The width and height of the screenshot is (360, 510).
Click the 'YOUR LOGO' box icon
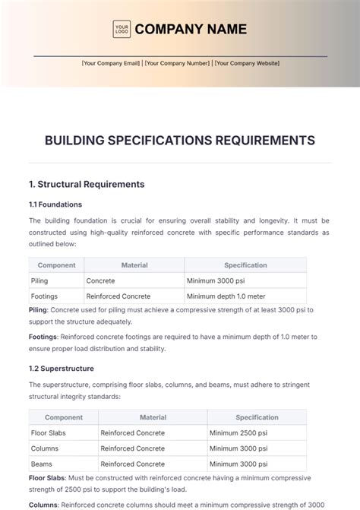click(x=122, y=29)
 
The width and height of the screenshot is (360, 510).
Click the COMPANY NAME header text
click(x=191, y=29)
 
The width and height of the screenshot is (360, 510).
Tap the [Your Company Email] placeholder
click(x=111, y=63)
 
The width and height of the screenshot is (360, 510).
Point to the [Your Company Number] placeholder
click(x=178, y=63)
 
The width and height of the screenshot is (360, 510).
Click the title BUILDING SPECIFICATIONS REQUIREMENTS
click(x=180, y=141)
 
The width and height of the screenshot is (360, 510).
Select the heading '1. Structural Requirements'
click(x=86, y=184)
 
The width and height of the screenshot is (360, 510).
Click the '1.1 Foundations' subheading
click(x=55, y=204)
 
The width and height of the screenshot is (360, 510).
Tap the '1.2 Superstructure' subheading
click(x=62, y=368)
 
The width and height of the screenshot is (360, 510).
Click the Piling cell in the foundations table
click(x=40, y=280)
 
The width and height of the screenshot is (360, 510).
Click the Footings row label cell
click(x=44, y=296)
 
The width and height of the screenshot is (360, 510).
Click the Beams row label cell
click(x=42, y=464)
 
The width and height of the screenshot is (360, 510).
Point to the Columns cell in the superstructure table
click(x=46, y=448)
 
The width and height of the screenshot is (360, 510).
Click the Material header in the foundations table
click(x=134, y=265)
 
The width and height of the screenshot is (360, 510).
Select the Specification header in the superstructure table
click(x=257, y=417)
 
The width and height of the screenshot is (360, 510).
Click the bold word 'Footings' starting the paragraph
click(x=43, y=335)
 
